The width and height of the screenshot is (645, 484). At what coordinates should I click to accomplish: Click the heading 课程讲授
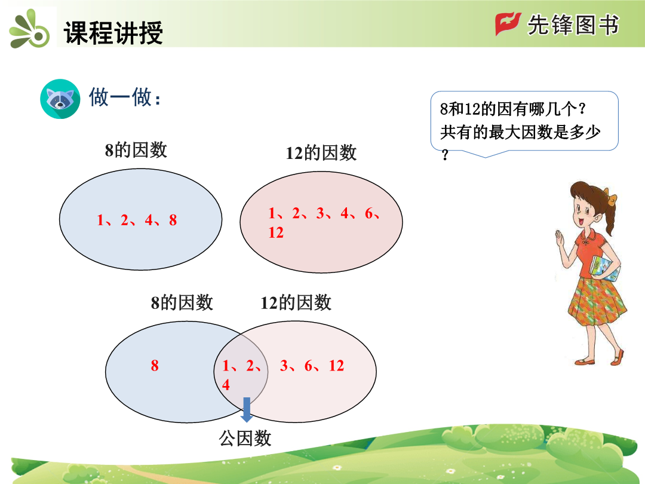click(x=113, y=32)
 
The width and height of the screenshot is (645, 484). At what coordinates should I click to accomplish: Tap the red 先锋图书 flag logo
click(x=508, y=23)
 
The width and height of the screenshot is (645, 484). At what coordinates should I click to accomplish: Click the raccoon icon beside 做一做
click(x=60, y=99)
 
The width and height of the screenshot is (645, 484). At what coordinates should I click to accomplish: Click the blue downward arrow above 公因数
click(x=247, y=409)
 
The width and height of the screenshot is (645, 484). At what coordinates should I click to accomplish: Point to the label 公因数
click(x=245, y=438)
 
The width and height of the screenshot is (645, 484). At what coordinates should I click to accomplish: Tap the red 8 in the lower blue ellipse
click(x=155, y=366)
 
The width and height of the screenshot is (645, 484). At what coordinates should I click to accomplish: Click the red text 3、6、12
click(x=312, y=366)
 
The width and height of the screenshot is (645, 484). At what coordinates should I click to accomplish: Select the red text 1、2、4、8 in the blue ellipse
click(x=137, y=220)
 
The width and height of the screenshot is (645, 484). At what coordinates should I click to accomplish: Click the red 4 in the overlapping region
click(x=226, y=385)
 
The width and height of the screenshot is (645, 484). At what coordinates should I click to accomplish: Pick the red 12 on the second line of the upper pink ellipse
click(x=276, y=232)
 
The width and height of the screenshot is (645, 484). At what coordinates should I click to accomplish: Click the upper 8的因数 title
click(x=136, y=150)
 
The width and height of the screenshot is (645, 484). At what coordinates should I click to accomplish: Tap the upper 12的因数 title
click(x=321, y=153)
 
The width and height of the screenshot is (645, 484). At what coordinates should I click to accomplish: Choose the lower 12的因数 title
click(x=296, y=303)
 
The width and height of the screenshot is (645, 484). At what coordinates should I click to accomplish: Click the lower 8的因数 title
click(x=182, y=303)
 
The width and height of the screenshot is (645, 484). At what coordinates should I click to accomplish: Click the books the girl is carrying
click(x=604, y=268)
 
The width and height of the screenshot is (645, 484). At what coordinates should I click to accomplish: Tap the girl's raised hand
click(x=560, y=238)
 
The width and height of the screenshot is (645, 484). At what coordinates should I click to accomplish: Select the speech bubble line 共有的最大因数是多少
click(x=520, y=133)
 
